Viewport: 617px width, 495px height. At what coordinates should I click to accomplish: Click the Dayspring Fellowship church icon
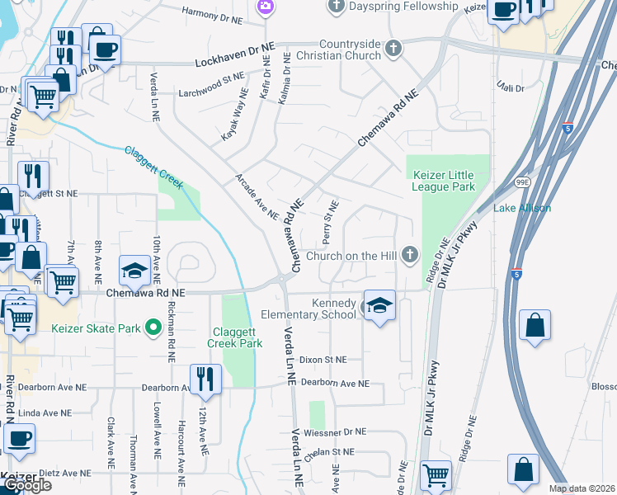tap(336, 7)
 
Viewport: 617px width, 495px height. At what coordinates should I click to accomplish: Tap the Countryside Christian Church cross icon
tap(393, 48)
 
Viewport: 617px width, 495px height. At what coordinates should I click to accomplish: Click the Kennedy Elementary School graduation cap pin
tap(379, 306)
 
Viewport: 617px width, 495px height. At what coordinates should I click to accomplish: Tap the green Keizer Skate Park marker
tap(153, 328)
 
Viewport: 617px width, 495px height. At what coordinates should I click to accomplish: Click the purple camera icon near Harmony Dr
tap(265, 7)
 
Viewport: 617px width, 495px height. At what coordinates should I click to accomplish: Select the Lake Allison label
tap(521, 208)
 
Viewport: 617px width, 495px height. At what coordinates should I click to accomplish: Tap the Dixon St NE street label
tap(323, 360)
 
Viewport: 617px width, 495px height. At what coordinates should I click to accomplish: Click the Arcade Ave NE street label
tap(257, 196)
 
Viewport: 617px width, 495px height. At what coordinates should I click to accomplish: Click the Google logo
tap(26, 485)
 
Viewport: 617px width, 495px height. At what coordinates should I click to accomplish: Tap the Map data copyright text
tap(582, 488)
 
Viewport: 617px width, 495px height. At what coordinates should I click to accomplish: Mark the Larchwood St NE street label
tap(216, 84)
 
